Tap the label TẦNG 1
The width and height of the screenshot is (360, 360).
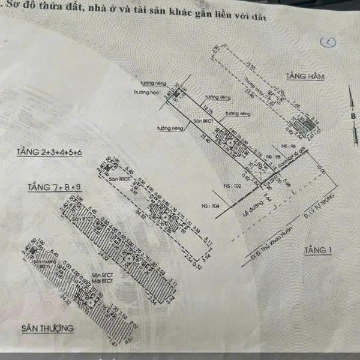(317, 250)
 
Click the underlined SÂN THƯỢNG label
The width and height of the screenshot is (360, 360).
(48, 328)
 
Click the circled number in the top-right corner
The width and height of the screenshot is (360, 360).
(328, 41)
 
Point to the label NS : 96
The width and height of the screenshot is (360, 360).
(289, 146)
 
